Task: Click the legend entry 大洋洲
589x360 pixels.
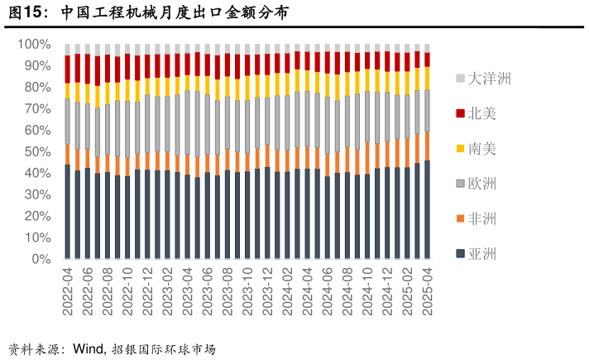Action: (x=489, y=79)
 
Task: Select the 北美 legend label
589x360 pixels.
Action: (x=483, y=113)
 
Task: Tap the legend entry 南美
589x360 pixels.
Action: (x=483, y=149)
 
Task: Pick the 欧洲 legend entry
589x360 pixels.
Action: (x=483, y=184)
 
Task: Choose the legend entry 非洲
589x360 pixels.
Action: (x=483, y=218)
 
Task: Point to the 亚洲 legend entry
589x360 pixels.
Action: (x=483, y=254)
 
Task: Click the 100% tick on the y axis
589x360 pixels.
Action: (x=34, y=44)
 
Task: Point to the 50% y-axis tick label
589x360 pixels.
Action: (x=37, y=151)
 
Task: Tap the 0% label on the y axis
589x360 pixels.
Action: (x=41, y=259)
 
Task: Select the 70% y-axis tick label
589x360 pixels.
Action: (x=37, y=108)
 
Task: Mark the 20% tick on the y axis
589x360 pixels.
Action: (x=37, y=216)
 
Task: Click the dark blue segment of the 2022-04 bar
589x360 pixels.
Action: (x=68, y=212)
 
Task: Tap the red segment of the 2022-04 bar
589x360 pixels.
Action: (x=68, y=69)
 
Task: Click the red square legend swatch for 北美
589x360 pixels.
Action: (x=460, y=113)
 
